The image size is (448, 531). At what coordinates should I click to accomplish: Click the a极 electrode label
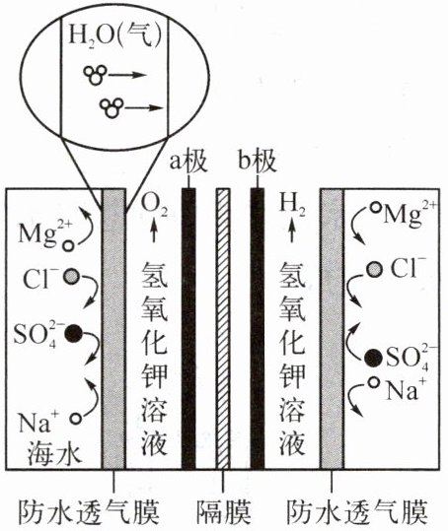pos(188,162)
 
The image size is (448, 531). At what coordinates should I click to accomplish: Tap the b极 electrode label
pos(258,162)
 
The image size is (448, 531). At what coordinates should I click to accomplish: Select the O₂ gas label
pos(154,206)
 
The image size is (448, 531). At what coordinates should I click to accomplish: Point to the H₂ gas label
pos(292,205)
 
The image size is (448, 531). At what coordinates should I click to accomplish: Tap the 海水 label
pos(54,454)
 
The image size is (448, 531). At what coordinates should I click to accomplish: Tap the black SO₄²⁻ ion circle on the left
pos(73,334)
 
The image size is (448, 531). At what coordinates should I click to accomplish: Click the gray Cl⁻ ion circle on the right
pos(374,269)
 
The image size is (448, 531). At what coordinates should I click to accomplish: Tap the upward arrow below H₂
pos(292,232)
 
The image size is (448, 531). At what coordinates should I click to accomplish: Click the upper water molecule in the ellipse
pos(96,75)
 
